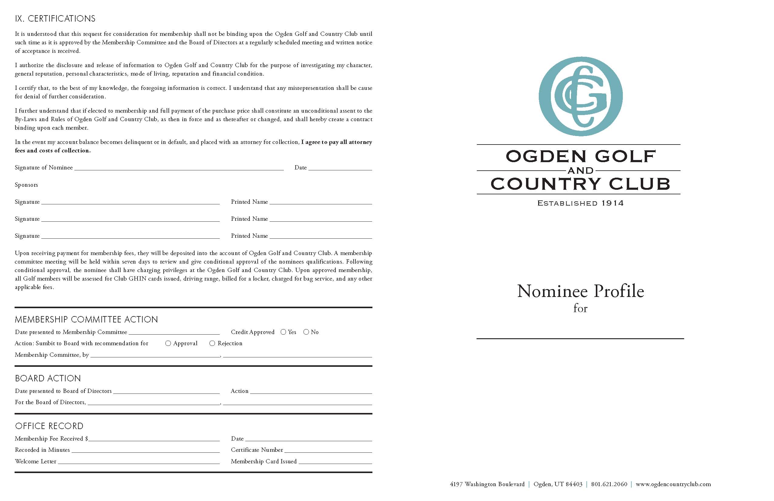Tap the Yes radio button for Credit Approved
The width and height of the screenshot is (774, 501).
click(283, 332)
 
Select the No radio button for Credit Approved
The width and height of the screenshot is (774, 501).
click(306, 332)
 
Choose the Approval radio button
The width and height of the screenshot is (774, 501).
click(168, 343)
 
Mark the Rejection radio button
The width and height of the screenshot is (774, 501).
click(212, 343)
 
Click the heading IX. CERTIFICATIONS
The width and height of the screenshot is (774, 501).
click(55, 19)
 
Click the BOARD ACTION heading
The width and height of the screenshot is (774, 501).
click(48, 378)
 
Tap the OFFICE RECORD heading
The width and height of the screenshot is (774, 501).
click(49, 426)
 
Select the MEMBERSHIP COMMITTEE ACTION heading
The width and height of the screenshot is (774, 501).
click(86, 319)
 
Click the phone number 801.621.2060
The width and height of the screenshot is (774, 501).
click(609, 484)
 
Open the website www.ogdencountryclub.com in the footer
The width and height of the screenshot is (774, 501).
click(673, 484)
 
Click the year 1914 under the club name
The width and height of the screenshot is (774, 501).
click(613, 203)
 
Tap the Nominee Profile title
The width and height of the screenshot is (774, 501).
click(580, 291)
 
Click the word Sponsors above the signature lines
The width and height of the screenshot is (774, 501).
click(26, 185)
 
